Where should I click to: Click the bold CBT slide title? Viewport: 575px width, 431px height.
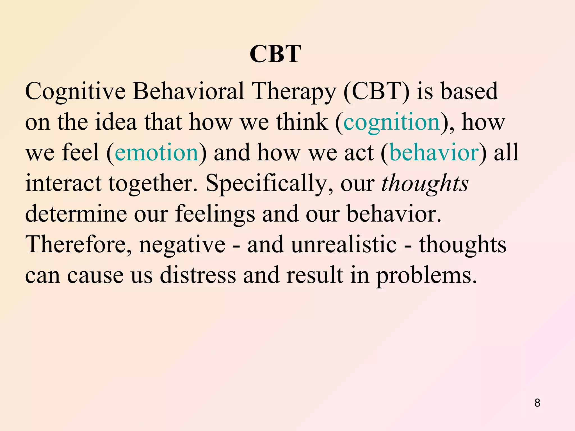(275, 54)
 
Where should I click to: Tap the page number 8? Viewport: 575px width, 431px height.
(537, 403)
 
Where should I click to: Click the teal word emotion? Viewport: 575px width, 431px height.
(157, 152)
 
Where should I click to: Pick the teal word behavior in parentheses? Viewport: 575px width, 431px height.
(434, 152)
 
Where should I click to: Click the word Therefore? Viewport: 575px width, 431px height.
(79, 244)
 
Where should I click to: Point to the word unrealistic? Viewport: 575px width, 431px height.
(344, 244)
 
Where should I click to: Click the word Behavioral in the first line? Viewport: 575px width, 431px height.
(188, 91)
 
